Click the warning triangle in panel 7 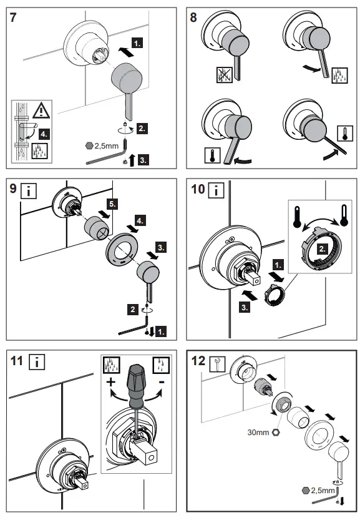tap(41, 110)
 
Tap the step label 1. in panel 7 tap(137, 43)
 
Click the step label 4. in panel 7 tap(44, 134)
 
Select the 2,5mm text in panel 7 tap(106, 146)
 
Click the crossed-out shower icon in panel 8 tap(225, 75)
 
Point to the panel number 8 tap(193, 17)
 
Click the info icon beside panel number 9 tap(29, 191)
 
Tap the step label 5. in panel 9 tap(112, 204)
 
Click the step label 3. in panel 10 tap(245, 308)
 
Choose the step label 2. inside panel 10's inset tap(323, 248)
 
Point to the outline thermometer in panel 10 tap(344, 215)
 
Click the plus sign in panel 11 tap(111, 382)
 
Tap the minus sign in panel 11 tap(161, 381)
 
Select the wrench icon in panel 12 tap(217, 364)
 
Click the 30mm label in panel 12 tap(258, 433)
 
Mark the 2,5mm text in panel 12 tap(323, 491)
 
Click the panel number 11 tap(16, 361)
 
